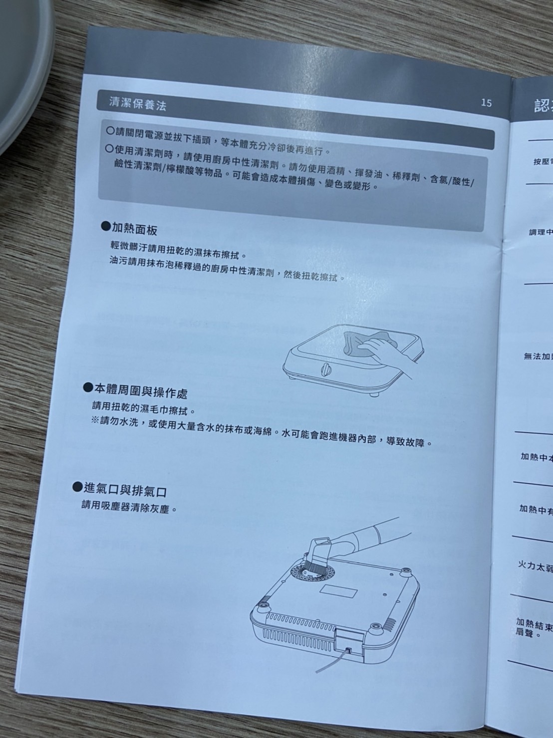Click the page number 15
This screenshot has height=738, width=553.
pos(486,103)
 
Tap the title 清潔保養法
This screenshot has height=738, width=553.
pos(137,104)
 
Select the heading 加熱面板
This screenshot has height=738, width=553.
pos(134,229)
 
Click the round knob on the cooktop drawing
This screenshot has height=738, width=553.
pos(325,370)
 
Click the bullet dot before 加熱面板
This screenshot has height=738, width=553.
pos(105,227)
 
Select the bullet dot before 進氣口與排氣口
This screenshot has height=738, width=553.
pos(77,486)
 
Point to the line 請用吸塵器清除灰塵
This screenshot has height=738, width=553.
pos(129,507)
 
